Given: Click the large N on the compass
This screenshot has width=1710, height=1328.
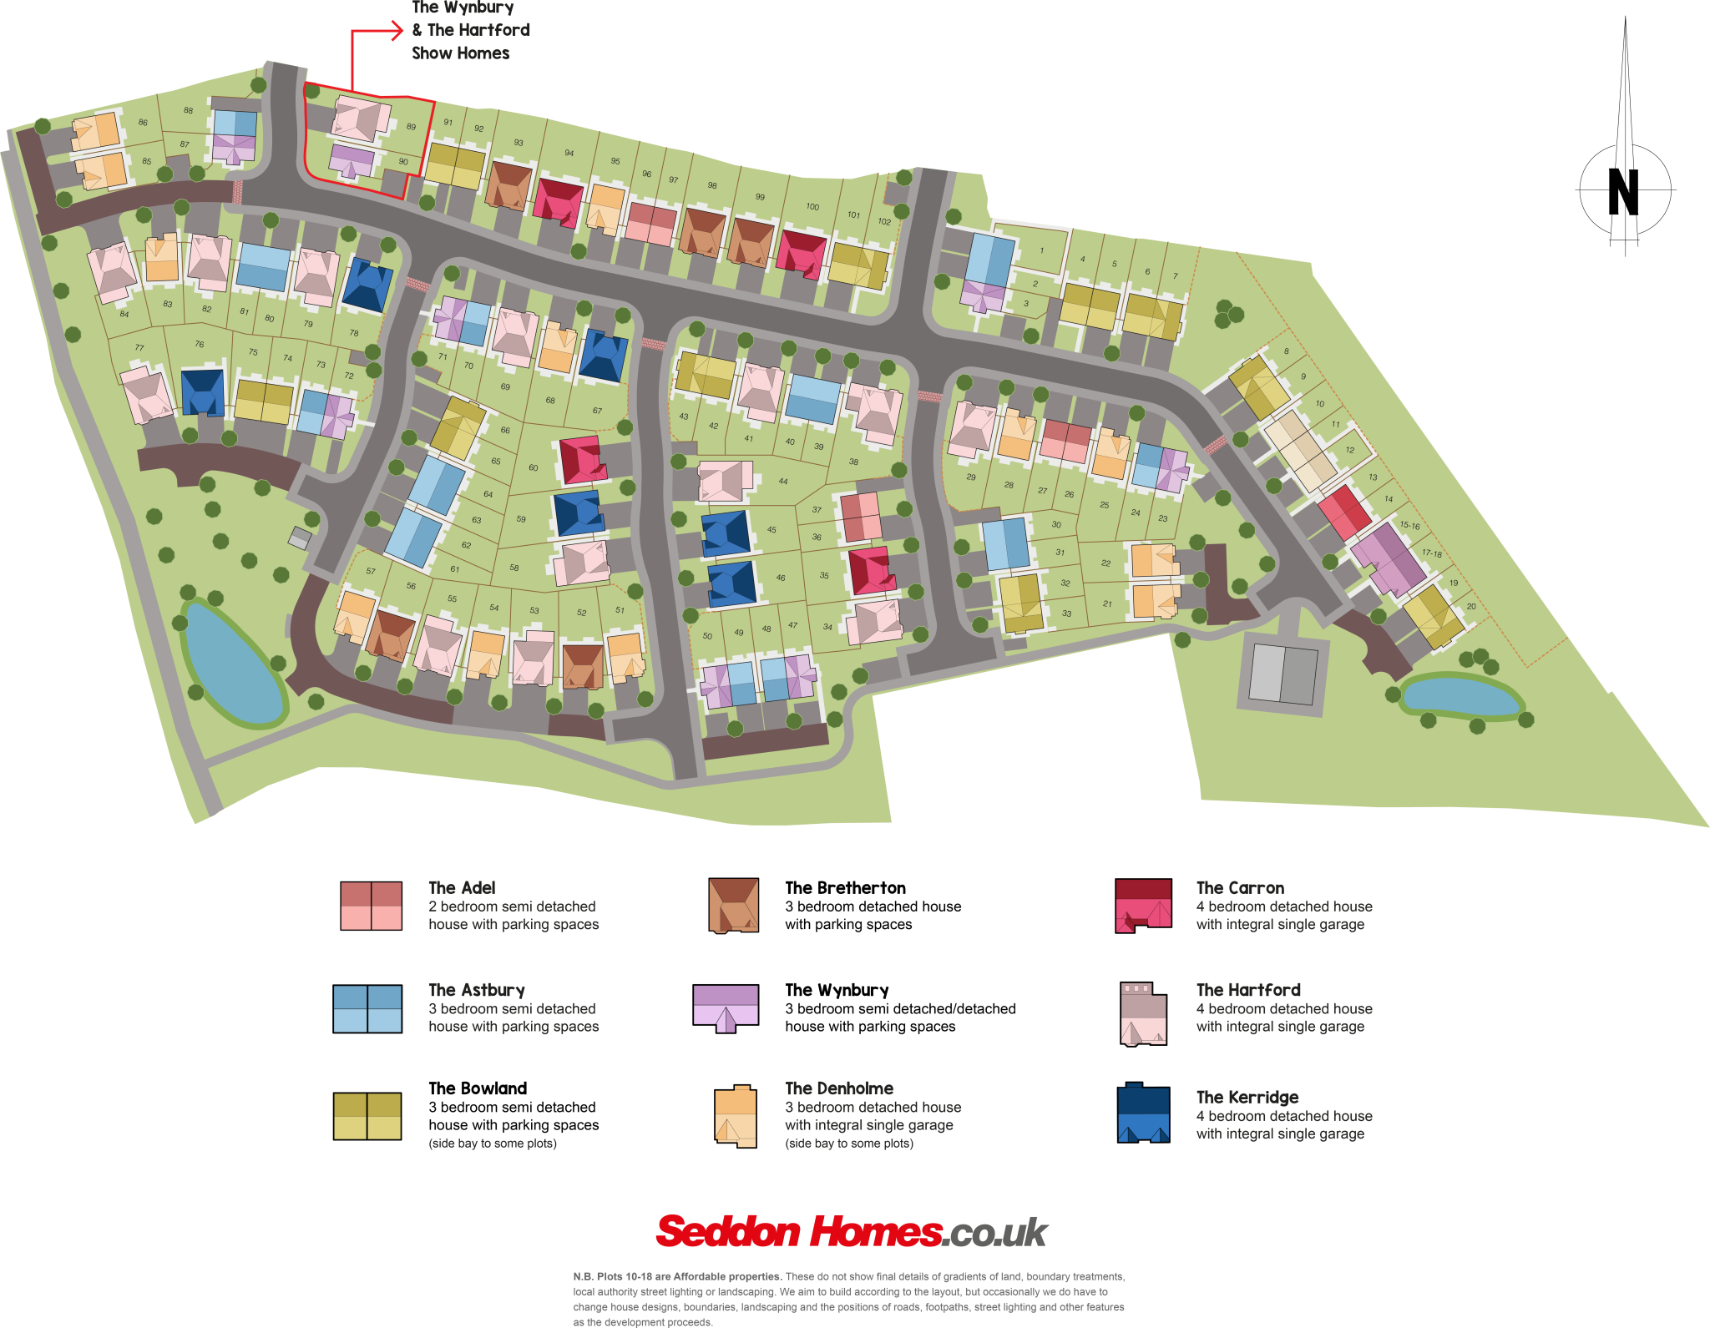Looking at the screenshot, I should pyautogui.click(x=1623, y=192).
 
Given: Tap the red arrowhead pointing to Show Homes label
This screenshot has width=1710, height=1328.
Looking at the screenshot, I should pyautogui.click(x=397, y=31).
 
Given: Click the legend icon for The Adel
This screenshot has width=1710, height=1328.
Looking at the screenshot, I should pyautogui.click(x=372, y=906).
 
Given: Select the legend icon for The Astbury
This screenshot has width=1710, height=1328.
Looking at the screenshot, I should pyautogui.click(x=367, y=1008).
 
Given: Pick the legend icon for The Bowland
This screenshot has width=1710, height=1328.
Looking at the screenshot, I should pyautogui.click(x=367, y=1116).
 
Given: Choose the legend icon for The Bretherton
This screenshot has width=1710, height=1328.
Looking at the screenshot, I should pyautogui.click(x=734, y=906).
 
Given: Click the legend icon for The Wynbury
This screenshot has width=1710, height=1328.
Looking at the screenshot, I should pyautogui.click(x=726, y=1007).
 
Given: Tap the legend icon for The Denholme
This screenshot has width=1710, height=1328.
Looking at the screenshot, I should pyautogui.click(x=736, y=1116).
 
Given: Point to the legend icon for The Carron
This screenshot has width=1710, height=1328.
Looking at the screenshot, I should pyautogui.click(x=1143, y=906).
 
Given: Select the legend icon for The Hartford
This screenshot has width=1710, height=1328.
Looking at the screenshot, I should pyautogui.click(x=1143, y=1013).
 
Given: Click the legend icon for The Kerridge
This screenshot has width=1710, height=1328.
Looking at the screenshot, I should pyautogui.click(x=1143, y=1113).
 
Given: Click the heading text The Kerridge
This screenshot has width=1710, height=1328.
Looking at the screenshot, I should pyautogui.click(x=1247, y=1097).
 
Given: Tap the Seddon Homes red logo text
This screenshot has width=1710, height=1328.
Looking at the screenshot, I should pyautogui.click(x=799, y=1232).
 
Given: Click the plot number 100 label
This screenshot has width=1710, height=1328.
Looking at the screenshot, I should pyautogui.click(x=812, y=206).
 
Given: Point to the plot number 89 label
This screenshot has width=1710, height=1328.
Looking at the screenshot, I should pyautogui.click(x=411, y=127).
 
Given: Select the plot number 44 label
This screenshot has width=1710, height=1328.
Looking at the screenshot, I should pyautogui.click(x=783, y=481).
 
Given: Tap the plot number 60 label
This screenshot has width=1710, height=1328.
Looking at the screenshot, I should pyautogui.click(x=534, y=467).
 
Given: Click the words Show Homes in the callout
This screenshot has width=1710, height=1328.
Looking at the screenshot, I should pyautogui.click(x=460, y=53).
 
